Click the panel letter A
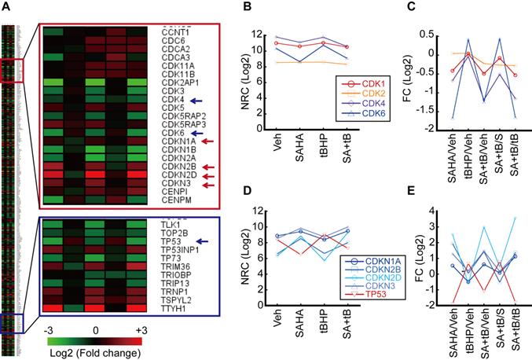click(x=6, y=7)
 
